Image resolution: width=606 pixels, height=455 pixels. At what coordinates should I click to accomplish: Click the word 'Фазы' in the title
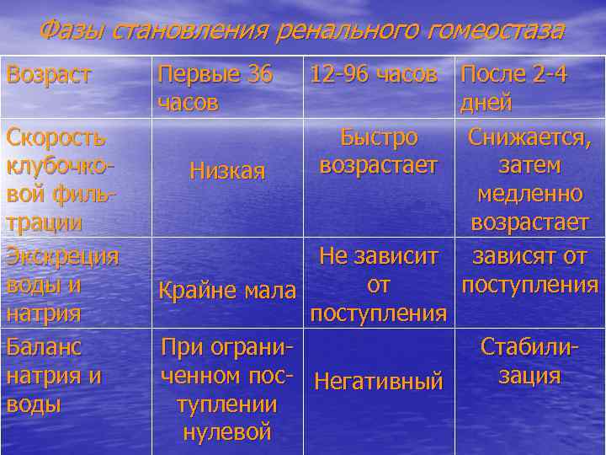pyautogui.click(x=72, y=31)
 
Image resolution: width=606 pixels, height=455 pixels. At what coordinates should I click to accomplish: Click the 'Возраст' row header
pyautogui.click(x=49, y=74)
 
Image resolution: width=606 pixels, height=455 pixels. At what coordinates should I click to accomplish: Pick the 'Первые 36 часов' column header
pyautogui.click(x=215, y=88)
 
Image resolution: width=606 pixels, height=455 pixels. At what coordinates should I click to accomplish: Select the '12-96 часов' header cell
pyautogui.click(x=373, y=74)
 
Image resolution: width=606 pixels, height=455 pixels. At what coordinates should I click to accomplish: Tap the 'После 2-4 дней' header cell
pyautogui.click(x=513, y=88)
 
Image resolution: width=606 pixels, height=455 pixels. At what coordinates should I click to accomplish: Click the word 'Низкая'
pyautogui.click(x=227, y=171)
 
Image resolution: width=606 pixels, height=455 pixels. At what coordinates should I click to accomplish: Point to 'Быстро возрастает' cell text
pyautogui.click(x=379, y=151)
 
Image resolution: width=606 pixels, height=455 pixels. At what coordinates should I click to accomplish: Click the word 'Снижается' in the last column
pyautogui.click(x=530, y=136)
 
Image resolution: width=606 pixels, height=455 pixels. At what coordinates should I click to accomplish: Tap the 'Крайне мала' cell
pyautogui.click(x=227, y=292)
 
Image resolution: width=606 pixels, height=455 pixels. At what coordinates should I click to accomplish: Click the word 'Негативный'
pyautogui.click(x=379, y=382)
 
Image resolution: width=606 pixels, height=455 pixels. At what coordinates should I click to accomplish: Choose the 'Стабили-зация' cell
pyautogui.click(x=530, y=361)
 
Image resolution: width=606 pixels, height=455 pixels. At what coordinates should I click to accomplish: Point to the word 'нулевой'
pyautogui.click(x=227, y=433)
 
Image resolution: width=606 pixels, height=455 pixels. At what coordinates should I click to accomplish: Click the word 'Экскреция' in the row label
pyautogui.click(x=62, y=256)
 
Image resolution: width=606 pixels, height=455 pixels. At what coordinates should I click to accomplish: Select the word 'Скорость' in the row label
pyautogui.click(x=56, y=136)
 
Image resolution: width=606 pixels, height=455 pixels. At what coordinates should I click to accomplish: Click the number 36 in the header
pyautogui.click(x=254, y=74)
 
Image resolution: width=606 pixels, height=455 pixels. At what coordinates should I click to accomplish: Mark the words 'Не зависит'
pyautogui.click(x=379, y=256)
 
